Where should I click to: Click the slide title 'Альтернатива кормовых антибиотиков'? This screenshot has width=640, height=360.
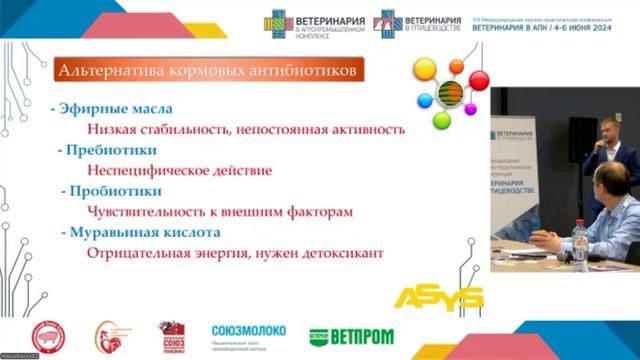pyautogui.click(x=207, y=71)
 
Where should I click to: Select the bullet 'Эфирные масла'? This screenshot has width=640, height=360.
pyautogui.click(x=100, y=109)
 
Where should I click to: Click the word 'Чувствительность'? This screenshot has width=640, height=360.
pyautogui.click(x=149, y=212)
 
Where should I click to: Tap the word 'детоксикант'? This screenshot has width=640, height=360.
pyautogui.click(x=344, y=253)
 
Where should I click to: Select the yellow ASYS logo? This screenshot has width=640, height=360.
pyautogui.click(x=439, y=297)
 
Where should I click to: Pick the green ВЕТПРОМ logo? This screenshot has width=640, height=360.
pyautogui.click(x=350, y=336)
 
